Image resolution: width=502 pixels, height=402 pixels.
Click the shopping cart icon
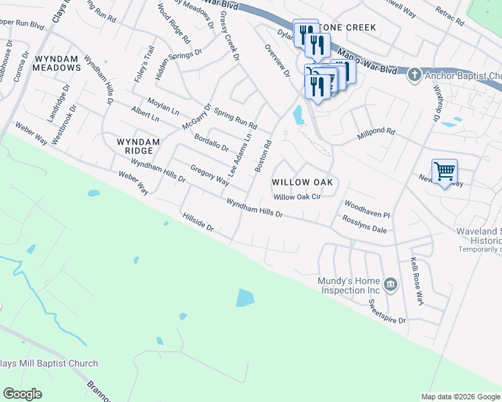(445, 172)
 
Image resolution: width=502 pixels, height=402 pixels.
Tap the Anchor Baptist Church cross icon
(415, 74)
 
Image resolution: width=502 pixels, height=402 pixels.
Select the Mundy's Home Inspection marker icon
(391, 285)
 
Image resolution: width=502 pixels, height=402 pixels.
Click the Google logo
(22, 394)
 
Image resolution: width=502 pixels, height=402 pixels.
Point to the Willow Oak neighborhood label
(302, 182)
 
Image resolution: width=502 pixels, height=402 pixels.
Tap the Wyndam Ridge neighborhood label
(138, 146)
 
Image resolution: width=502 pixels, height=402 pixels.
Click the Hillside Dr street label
(197, 223)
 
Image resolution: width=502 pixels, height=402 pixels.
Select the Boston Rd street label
(262, 155)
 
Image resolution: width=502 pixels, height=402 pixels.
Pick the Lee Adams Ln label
(239, 154)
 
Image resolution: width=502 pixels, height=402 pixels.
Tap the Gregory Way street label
(210, 174)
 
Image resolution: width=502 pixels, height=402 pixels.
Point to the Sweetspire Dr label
(388, 311)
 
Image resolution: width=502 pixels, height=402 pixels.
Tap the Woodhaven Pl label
(367, 208)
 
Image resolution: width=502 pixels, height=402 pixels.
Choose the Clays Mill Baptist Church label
(49, 364)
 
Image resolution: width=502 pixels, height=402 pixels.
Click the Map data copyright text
(460, 397)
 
